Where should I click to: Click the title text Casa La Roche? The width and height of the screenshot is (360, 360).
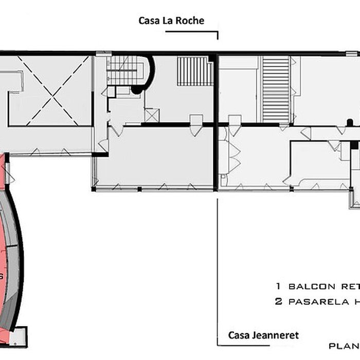(171, 21)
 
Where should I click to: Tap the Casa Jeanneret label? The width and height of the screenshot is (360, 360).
(263, 335)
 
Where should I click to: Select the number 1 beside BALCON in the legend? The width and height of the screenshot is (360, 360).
(278, 286)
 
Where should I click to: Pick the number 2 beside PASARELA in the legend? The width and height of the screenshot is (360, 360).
(278, 302)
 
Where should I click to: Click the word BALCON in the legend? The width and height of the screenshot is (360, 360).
(309, 286)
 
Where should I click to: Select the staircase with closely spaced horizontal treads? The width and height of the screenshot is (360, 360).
(276, 88)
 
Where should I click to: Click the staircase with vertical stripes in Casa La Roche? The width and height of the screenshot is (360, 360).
(194, 71)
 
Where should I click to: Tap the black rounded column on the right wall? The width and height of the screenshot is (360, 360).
(350, 122)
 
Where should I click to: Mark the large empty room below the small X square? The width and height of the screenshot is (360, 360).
(154, 157)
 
